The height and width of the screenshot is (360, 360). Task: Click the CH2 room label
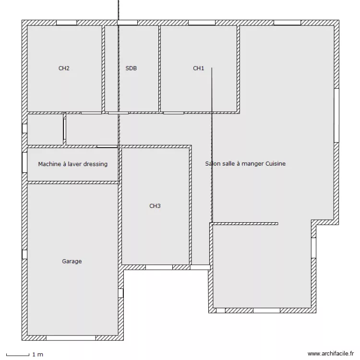pyautogui.click(x=64, y=69)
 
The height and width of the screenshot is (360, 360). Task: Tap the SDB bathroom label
pyautogui.click(x=131, y=69)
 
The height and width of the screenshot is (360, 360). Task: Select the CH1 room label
pyautogui.click(x=199, y=69)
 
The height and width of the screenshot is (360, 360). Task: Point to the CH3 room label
pyautogui.click(x=155, y=206)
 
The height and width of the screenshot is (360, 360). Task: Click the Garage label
pyautogui.click(x=72, y=262)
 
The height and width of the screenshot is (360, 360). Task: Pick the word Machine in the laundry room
pyautogui.click(x=49, y=164)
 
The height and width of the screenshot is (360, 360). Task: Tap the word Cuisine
pyautogui.click(x=275, y=164)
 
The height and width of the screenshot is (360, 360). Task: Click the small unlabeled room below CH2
pyautogui.click(x=45, y=129)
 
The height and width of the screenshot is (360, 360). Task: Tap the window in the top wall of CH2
pyautogui.click(x=66, y=23)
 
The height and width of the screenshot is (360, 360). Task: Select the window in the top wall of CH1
pyautogui.click(x=202, y=23)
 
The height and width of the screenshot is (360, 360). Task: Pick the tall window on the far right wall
pyautogui.click(x=336, y=115)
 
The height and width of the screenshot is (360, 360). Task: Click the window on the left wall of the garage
pyautogui.click(x=24, y=254)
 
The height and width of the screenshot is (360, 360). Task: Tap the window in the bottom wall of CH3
pyautogui.click(x=159, y=267)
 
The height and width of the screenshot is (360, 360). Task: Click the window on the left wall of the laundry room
pyautogui.click(x=24, y=162)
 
